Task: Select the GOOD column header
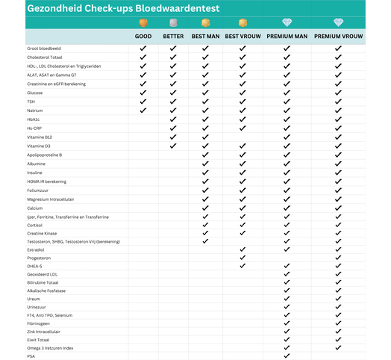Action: [x=143, y=36]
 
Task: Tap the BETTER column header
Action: [x=173, y=36]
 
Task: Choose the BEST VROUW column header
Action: [x=243, y=36]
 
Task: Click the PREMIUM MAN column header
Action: [x=287, y=36]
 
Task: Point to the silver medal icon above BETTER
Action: [x=173, y=22]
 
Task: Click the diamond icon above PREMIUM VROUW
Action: [x=338, y=22]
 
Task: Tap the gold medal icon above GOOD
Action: [x=143, y=22]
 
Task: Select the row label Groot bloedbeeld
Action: [x=44, y=49]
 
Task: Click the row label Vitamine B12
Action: [x=40, y=137]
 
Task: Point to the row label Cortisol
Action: [x=36, y=224]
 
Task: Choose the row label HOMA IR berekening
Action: [x=46, y=181]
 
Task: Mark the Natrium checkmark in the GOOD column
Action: [x=143, y=111]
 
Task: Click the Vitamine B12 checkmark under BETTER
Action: [x=173, y=137]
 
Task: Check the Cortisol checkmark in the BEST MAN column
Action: [x=205, y=224]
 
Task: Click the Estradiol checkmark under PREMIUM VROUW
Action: [x=338, y=249]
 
